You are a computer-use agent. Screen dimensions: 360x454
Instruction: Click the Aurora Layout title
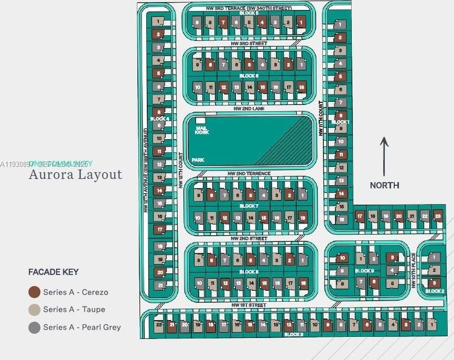click(x=75, y=174)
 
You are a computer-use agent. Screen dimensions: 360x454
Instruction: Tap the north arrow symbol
click(x=384, y=156)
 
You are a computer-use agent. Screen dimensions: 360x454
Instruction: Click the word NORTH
click(x=384, y=185)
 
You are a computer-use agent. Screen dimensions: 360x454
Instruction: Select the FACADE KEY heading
click(x=53, y=272)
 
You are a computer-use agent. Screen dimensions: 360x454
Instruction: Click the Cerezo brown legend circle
click(x=35, y=292)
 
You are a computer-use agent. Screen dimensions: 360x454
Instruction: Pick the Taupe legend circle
click(x=35, y=310)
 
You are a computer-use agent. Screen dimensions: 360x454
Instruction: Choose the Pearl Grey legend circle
click(x=35, y=327)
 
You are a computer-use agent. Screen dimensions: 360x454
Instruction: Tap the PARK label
click(x=198, y=160)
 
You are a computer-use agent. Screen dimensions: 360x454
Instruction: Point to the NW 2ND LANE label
click(x=249, y=109)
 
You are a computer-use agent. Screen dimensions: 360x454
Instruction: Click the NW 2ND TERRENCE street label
click(x=249, y=173)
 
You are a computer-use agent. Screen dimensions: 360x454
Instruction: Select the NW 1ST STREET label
click(x=248, y=305)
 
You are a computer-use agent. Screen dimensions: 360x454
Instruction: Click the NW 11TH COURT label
click(x=321, y=119)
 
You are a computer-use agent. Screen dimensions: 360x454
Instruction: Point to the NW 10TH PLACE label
click(x=413, y=270)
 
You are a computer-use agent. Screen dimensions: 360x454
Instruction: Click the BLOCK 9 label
click(x=364, y=271)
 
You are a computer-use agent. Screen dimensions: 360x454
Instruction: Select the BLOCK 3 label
click(x=293, y=334)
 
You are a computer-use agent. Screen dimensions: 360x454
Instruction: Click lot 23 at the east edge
click(x=438, y=216)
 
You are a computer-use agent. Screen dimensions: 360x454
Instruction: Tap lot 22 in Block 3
click(x=159, y=325)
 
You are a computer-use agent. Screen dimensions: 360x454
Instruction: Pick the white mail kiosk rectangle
click(x=200, y=121)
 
